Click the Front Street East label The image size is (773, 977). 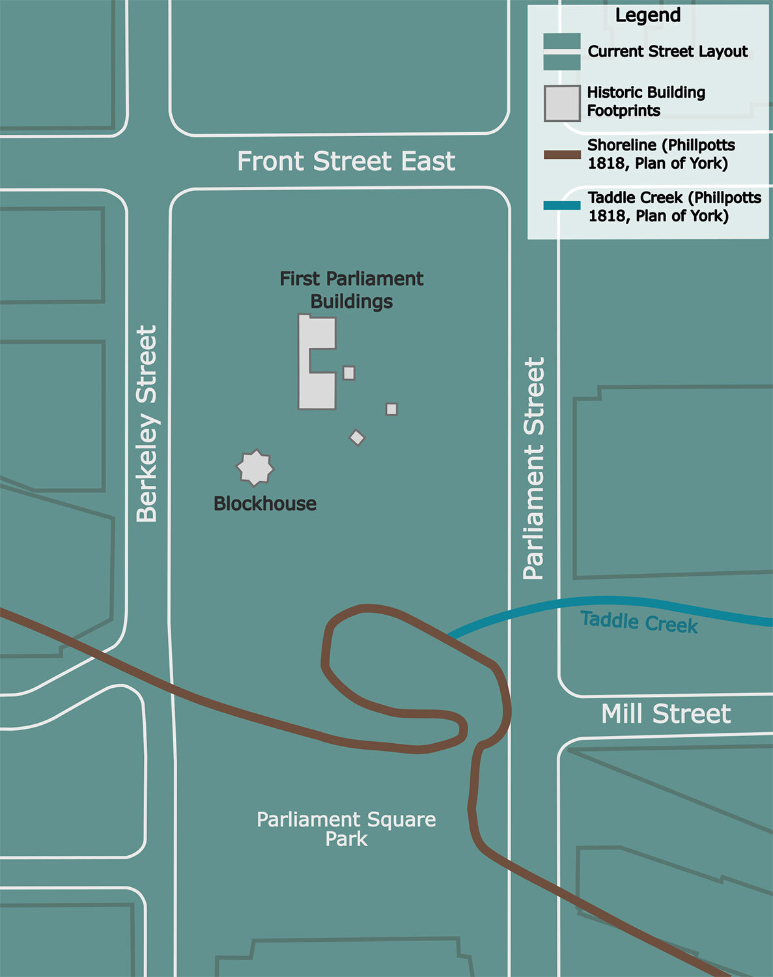coord(346,161)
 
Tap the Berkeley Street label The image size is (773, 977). coord(147,424)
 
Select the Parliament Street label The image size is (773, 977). coord(534,468)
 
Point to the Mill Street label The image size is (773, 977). coord(666,714)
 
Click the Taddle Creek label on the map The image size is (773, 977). coord(639,622)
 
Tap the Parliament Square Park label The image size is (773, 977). coord(346,828)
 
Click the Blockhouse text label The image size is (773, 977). coord(265,503)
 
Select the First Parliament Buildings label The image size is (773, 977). coord(352,290)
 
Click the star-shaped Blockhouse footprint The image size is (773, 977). coord(255,468)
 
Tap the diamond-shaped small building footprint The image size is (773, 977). coord(357,438)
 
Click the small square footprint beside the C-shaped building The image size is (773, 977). coord(349,373)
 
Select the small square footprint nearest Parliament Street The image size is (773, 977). coord(391,409)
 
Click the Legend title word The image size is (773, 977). coord(647,16)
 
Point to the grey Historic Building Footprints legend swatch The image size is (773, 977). coord(562,104)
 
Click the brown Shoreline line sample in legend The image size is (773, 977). coord(562,155)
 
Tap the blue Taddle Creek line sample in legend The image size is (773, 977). coord(562,206)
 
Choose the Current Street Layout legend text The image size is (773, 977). coord(668,51)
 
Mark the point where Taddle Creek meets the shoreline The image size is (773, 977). coord(449,635)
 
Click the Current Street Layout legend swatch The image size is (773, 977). coord(562,51)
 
